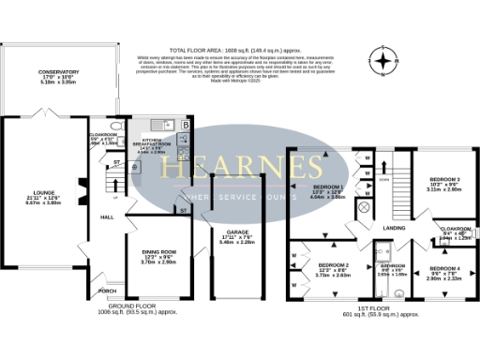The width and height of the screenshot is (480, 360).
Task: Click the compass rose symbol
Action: pos(382,63)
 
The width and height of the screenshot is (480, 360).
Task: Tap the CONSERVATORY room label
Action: pos(59,72)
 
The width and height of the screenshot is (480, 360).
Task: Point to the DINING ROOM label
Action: pos(157,252)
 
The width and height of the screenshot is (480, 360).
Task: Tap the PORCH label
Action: pos(107,291)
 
